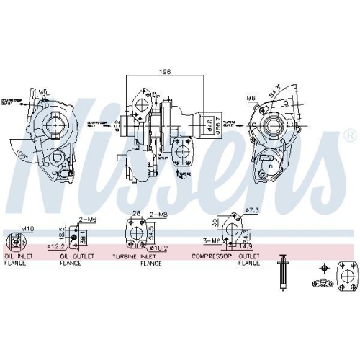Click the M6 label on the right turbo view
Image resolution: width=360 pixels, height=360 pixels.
[x=251, y=96]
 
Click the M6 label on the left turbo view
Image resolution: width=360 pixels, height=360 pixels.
[x=42, y=91]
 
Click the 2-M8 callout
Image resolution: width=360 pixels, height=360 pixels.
[x=158, y=215]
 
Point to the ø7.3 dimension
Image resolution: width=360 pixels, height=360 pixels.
[x=252, y=210]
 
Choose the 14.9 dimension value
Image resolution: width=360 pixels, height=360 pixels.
[x=246, y=246]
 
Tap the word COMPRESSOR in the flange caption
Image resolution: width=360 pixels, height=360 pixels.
[x=211, y=256]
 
